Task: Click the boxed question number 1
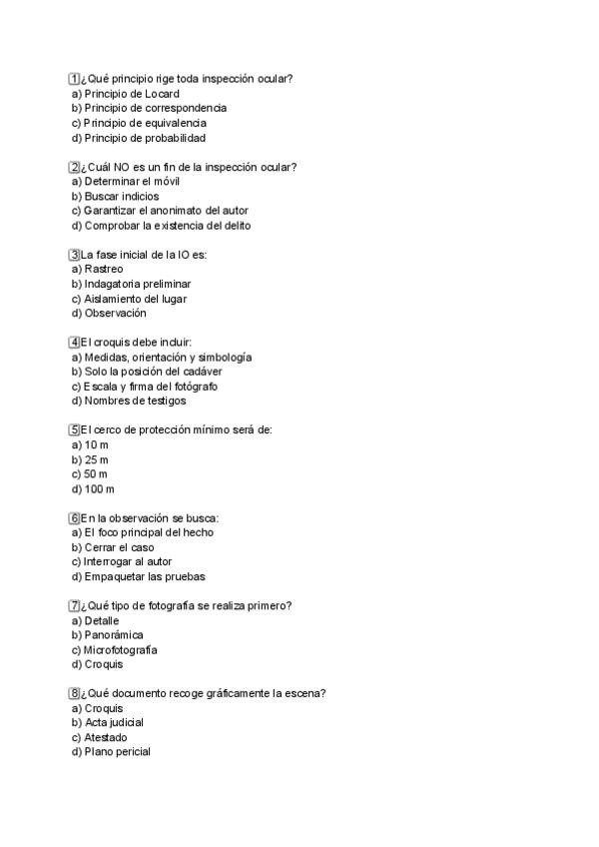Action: pos(74,79)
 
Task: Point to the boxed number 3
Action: pos(74,255)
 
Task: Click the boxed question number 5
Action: pos(74,430)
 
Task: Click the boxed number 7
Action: pos(74,606)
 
